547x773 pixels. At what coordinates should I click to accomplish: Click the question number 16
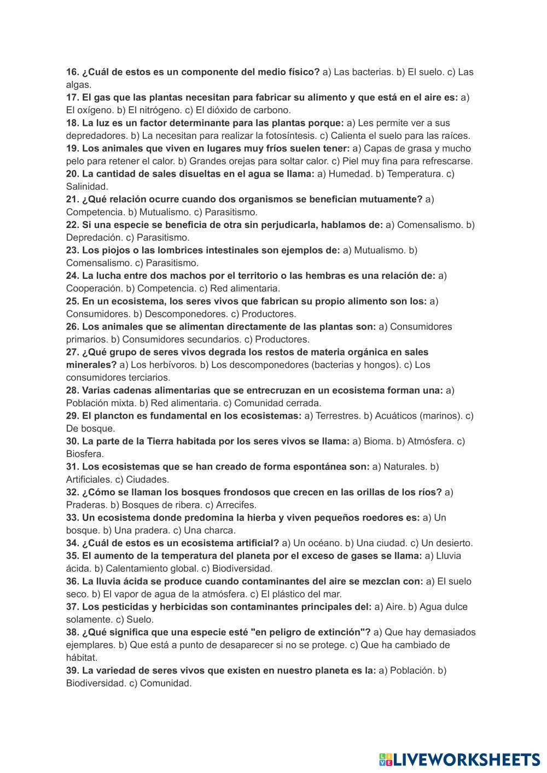pos(73,72)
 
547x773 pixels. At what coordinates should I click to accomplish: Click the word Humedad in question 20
pos(350,174)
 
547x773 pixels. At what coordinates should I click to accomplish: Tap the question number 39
pos(73,670)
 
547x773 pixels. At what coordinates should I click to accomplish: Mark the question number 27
pos(73,352)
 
